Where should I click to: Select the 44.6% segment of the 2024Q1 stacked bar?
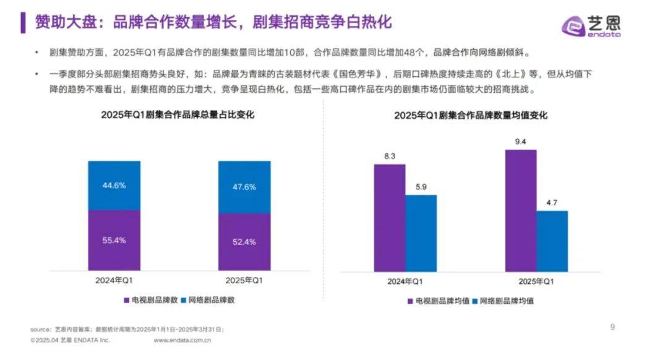click(x=114, y=186)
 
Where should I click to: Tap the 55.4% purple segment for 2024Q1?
click(x=114, y=240)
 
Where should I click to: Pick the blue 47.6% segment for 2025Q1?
click(x=244, y=187)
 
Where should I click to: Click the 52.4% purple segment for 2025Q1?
click(x=244, y=242)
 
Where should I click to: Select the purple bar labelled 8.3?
click(x=390, y=217)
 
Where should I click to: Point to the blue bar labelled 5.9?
click(x=421, y=233)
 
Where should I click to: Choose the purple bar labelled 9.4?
click(x=521, y=210)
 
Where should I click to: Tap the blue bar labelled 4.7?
click(x=552, y=241)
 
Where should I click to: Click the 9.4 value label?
click(x=521, y=142)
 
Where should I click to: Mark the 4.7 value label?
click(x=552, y=203)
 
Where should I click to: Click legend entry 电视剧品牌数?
click(x=151, y=300)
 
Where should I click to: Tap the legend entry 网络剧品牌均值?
click(x=502, y=301)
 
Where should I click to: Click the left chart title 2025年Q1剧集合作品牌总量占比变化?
click(x=179, y=115)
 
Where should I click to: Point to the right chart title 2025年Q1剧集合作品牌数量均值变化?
click(x=471, y=115)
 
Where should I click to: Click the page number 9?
click(x=612, y=327)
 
